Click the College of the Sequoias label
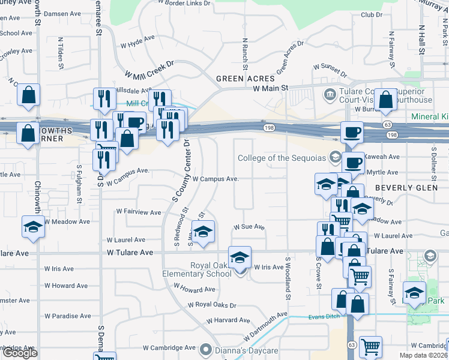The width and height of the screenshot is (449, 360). point(282,158)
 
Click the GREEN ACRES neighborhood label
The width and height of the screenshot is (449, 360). point(245,79)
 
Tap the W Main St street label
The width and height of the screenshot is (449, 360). point(271,88)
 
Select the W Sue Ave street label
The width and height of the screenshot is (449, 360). point(249,227)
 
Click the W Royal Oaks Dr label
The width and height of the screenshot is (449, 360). point(212,305)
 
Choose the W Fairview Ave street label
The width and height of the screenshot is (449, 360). point(139,212)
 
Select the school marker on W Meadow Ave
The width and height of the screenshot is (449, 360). point(32,227)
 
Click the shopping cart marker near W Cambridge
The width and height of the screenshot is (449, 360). point(370,347)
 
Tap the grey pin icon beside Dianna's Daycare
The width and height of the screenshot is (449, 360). point(206,349)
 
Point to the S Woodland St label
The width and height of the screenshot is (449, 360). point(288,276)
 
